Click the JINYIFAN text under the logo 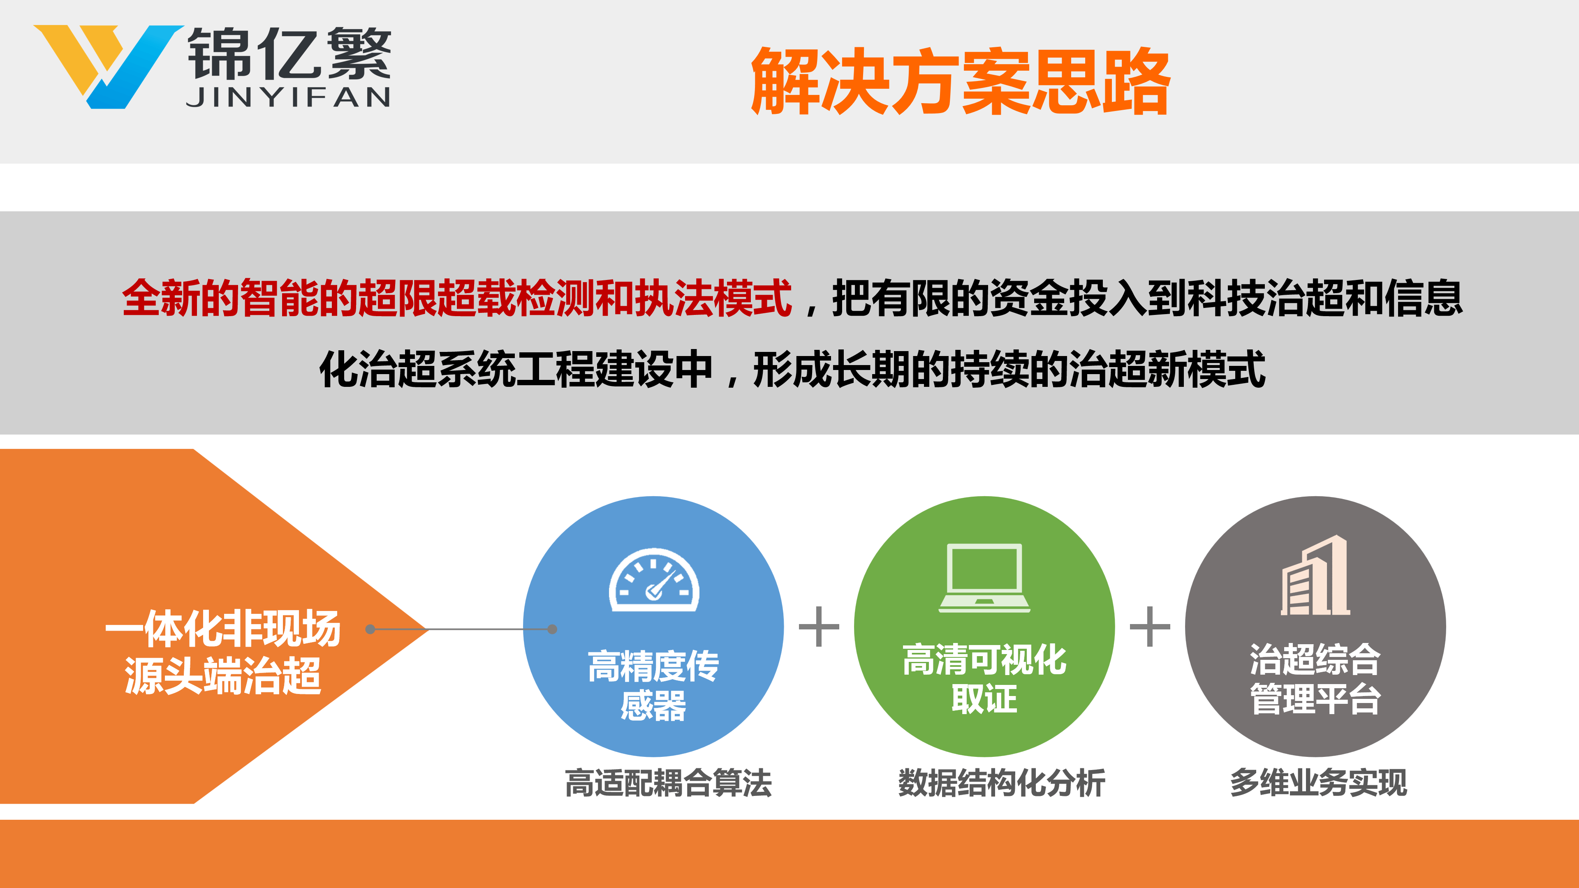[x=288, y=97]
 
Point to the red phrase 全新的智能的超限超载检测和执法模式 [x=457, y=298]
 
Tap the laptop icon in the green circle [x=984, y=577]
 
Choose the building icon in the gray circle [x=1315, y=575]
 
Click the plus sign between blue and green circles [x=819, y=626]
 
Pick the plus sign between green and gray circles [x=1150, y=626]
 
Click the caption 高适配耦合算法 [x=668, y=783]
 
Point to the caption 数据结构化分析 [x=1002, y=783]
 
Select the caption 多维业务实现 [x=1318, y=783]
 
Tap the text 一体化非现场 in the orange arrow [x=223, y=629]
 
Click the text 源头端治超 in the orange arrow [x=223, y=675]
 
